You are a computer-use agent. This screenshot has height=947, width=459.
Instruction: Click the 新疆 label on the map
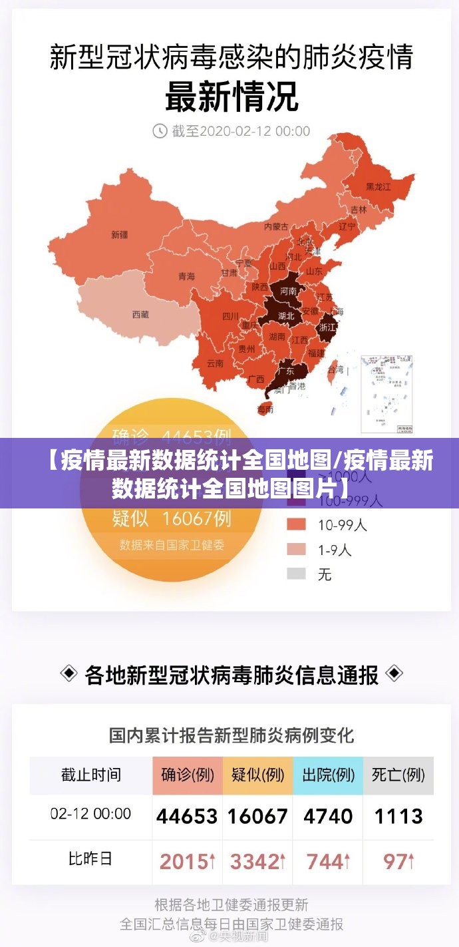point(119,234)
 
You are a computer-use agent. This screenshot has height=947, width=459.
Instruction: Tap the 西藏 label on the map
point(140,314)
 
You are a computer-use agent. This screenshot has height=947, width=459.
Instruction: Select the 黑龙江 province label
point(379,187)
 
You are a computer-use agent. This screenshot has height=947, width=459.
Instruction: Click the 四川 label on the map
point(230,316)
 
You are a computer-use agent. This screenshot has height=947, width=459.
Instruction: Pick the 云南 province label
point(215,363)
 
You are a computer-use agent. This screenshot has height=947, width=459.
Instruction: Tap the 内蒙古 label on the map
point(276,226)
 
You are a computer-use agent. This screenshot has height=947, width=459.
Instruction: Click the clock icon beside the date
point(160,130)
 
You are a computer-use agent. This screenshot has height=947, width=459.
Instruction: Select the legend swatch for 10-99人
point(296,525)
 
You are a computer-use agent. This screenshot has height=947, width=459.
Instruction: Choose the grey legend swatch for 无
point(296,573)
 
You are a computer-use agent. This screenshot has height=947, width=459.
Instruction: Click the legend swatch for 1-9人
point(296,549)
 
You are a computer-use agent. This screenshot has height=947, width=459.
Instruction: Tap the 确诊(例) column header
point(188,775)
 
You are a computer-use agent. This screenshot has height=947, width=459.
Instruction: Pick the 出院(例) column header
point(328,775)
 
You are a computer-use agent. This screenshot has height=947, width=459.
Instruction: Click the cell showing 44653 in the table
point(187,816)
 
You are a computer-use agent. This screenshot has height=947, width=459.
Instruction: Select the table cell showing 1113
point(398,816)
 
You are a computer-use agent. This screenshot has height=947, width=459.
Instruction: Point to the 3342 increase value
point(257,862)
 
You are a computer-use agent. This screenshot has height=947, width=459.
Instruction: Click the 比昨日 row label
point(90,859)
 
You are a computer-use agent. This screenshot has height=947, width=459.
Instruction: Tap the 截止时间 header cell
point(91,775)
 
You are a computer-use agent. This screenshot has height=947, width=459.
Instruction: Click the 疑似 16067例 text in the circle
point(172,516)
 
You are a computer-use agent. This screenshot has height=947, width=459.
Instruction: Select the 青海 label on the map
point(186,276)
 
